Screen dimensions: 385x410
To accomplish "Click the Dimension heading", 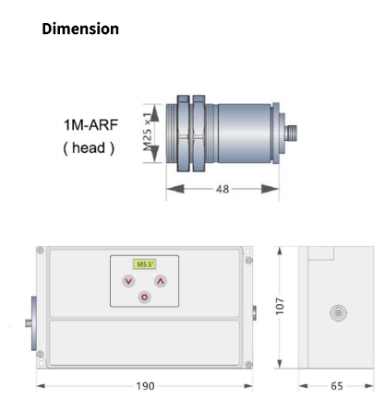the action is click(80, 29).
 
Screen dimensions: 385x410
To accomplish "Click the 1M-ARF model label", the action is click(91, 125).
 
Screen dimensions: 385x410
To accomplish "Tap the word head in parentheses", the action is click(89, 147).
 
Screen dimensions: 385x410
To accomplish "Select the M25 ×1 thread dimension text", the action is click(148, 132).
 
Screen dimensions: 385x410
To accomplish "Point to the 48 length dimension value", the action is click(223, 189).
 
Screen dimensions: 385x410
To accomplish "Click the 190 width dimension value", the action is click(145, 386).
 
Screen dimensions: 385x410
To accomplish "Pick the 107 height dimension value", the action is click(280, 306).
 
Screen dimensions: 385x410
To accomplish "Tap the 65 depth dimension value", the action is click(337, 386).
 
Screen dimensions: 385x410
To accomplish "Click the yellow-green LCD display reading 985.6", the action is click(144, 264).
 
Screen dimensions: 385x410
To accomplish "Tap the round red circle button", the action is click(144, 298).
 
